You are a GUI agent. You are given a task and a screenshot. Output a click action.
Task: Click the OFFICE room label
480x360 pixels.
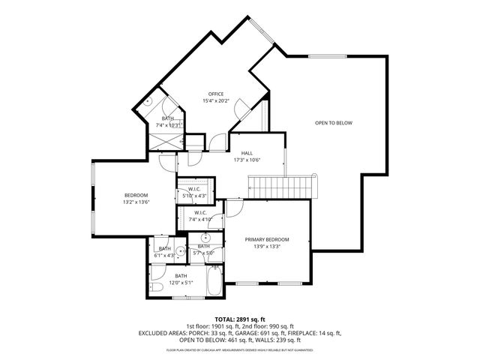216,94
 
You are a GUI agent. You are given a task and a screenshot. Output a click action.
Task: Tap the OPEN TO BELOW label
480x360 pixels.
333,123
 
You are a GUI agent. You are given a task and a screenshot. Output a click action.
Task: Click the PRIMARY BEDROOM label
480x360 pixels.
267,239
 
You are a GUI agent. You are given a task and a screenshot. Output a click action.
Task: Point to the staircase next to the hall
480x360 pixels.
283,184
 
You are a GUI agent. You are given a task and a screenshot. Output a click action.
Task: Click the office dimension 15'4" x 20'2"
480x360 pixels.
216,101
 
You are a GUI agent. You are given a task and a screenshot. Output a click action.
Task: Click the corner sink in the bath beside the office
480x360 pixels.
148,101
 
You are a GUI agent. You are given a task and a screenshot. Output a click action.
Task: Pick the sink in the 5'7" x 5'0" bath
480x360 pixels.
205,238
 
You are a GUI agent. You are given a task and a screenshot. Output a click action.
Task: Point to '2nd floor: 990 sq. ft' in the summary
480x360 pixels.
275,326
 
